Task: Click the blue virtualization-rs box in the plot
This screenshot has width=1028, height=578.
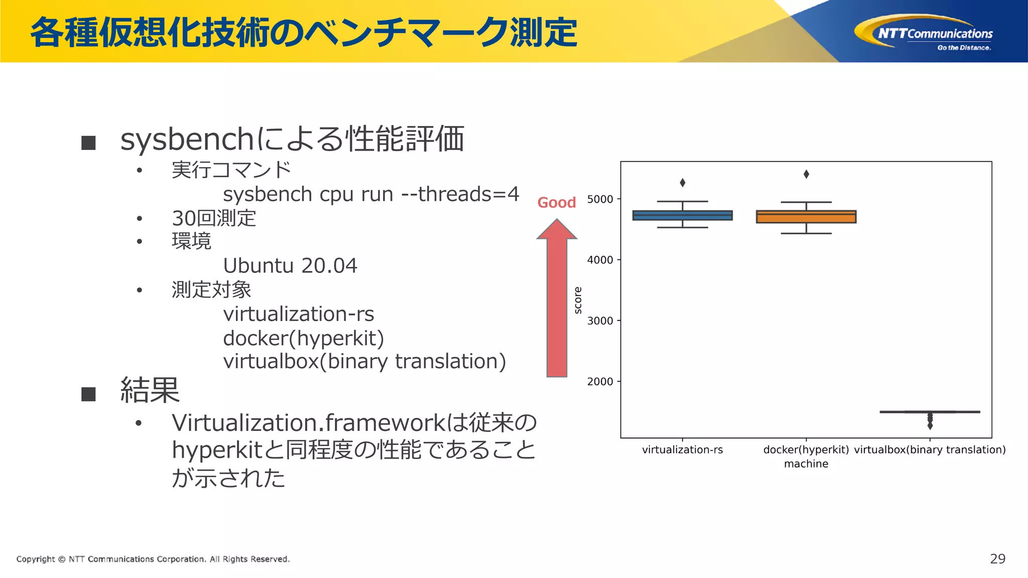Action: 682,215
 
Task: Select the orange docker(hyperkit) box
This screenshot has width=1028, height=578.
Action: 806,217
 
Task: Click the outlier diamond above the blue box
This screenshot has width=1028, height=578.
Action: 682,183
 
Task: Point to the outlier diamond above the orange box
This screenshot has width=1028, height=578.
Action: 806,174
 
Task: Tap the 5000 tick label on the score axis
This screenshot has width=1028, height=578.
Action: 600,199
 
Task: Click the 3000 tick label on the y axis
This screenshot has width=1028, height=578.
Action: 600,321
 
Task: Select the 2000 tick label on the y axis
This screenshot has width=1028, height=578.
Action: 600,382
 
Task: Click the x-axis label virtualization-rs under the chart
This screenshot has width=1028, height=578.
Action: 682,450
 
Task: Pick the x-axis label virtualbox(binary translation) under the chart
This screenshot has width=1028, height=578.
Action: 930,450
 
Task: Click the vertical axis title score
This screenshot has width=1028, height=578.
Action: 578,300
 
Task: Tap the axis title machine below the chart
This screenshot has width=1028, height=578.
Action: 806,464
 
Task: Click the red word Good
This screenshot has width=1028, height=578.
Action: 556,203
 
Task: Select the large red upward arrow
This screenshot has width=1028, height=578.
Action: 557,301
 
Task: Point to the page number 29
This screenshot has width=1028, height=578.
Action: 997,559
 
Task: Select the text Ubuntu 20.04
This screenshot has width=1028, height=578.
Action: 290,265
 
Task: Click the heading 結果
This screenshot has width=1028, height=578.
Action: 150,390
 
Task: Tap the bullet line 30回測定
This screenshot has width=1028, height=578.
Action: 214,218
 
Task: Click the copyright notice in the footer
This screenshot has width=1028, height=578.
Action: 153,559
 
